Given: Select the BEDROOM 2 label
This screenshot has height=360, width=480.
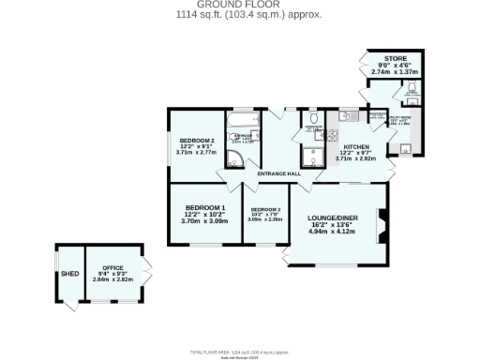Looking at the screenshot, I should click(x=198, y=140).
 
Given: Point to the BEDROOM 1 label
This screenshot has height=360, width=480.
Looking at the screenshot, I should click(x=204, y=207).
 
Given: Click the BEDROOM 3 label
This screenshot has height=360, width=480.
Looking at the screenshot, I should click(x=265, y=209).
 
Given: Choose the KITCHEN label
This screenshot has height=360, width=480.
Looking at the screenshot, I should click(x=355, y=147).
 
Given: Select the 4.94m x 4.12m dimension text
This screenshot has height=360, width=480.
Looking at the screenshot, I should click(x=333, y=232).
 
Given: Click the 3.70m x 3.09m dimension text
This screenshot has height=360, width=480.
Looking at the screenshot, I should click(x=204, y=220).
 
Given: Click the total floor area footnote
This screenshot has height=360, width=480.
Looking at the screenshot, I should click(x=240, y=351).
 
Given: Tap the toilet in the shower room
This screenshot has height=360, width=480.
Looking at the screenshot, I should click(x=317, y=118).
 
